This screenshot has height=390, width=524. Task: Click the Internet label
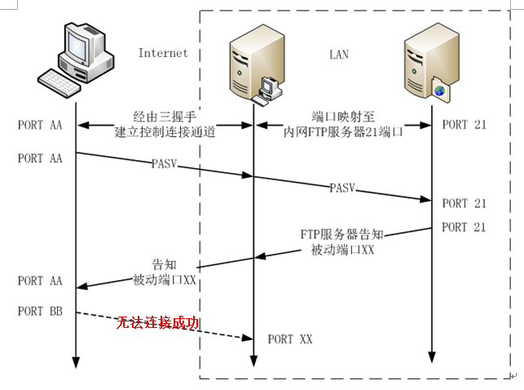(163, 53)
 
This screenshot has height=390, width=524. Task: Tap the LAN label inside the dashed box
(338, 55)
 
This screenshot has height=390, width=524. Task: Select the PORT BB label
(40, 312)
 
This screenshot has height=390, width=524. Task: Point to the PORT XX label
(289, 339)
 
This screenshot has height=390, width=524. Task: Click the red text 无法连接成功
(158, 323)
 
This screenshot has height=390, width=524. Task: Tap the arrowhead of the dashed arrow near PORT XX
(246, 337)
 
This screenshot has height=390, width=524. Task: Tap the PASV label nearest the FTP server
(342, 188)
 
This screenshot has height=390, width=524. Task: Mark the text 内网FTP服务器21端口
(341, 131)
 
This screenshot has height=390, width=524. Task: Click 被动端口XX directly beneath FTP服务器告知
(342, 250)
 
